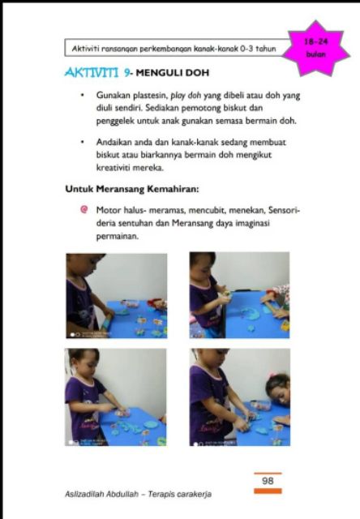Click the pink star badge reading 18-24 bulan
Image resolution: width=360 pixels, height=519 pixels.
pos(317,49)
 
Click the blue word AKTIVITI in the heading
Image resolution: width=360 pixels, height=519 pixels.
pos(92,72)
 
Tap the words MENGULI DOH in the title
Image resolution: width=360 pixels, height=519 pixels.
pos(173,72)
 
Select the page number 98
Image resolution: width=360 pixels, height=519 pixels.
pos(268,481)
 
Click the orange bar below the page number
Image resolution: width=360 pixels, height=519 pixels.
pos(268,491)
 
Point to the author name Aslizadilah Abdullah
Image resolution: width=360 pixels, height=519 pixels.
pos(101,494)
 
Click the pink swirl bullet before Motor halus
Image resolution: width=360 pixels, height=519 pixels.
pos(84,209)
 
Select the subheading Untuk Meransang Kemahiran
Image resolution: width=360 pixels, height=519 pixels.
pos(132,189)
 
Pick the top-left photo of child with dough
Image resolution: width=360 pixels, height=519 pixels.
pos(117,296)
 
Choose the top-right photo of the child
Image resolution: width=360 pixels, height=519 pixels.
pos(239,295)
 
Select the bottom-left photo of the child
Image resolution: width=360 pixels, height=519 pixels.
pos(116,397)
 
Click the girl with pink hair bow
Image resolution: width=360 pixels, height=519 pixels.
pos(278,389)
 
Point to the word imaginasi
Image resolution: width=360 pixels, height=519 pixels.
pos(253,224)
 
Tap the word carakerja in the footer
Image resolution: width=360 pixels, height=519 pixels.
pos(195,494)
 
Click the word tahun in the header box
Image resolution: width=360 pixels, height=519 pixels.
pos(266,49)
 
